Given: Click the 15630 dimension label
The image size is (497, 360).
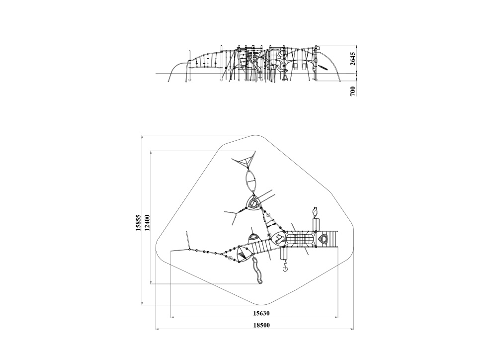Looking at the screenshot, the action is point(261,313).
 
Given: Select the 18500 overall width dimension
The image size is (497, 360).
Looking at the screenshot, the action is point(261,325).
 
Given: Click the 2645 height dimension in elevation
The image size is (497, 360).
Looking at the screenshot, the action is point(353,58).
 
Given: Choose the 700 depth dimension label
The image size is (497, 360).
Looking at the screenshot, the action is point(353,90).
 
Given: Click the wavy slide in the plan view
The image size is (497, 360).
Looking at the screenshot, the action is point(257,270).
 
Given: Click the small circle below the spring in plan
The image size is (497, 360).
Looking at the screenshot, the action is point(285,269).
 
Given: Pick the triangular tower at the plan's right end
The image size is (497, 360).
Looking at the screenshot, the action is point(324,239).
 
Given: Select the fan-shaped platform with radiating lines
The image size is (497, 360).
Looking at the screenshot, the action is point(243,254).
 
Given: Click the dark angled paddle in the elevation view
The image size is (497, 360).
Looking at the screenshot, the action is point(324,68).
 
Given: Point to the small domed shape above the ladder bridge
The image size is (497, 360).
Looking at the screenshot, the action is point(253,237).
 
